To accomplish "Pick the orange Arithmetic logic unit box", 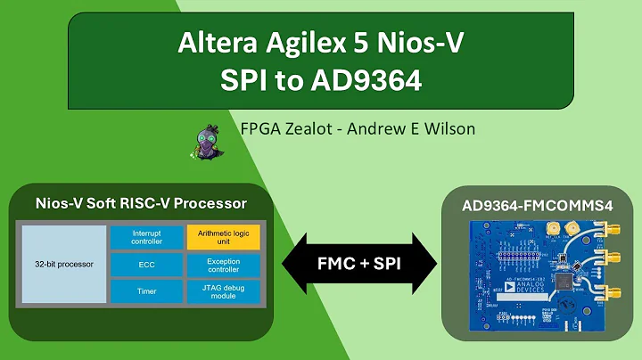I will coord(223,237).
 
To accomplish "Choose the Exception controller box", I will coord(223,265).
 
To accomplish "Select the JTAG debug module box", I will coord(223,291).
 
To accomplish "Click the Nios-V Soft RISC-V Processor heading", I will coord(139,204).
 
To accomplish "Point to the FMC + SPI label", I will coord(359,266).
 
